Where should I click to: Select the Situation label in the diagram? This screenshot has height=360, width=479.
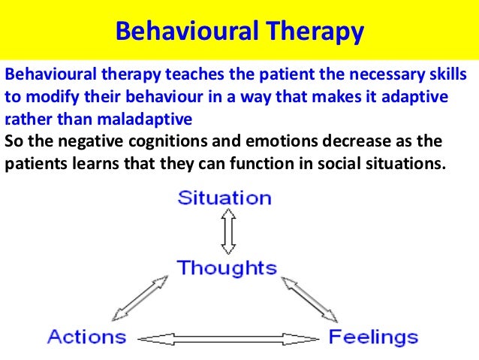pyautogui.click(x=224, y=198)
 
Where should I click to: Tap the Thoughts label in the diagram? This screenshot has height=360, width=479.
pyautogui.click(x=227, y=268)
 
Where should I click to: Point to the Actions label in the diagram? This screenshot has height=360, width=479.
pyautogui.click(x=86, y=335)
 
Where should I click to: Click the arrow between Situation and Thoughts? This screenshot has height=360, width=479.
pyautogui.click(x=228, y=233)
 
